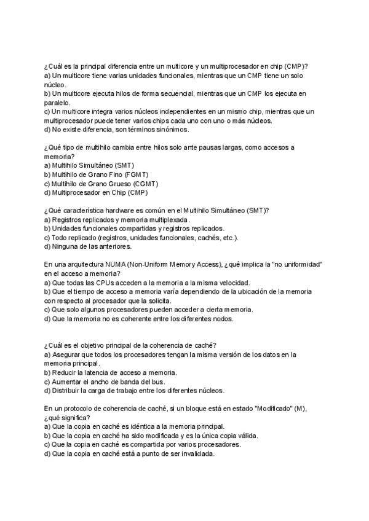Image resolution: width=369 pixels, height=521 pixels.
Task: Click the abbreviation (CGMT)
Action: tap(145, 183)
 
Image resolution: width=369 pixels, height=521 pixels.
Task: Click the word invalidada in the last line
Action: tap(195, 453)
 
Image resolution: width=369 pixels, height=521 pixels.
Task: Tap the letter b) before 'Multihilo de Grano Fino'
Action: tap(48, 174)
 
